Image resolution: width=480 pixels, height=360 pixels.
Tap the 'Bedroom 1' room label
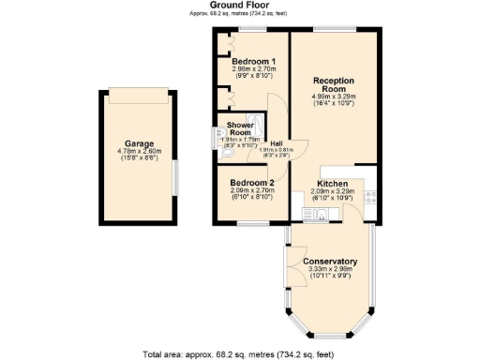coord(252,62)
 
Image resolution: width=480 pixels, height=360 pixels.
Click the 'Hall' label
coord(277,143)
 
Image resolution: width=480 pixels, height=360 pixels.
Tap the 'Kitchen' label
coord(333,183)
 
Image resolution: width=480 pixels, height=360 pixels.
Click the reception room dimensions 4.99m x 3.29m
coord(335,96)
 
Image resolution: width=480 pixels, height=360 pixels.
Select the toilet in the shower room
coord(219,134)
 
